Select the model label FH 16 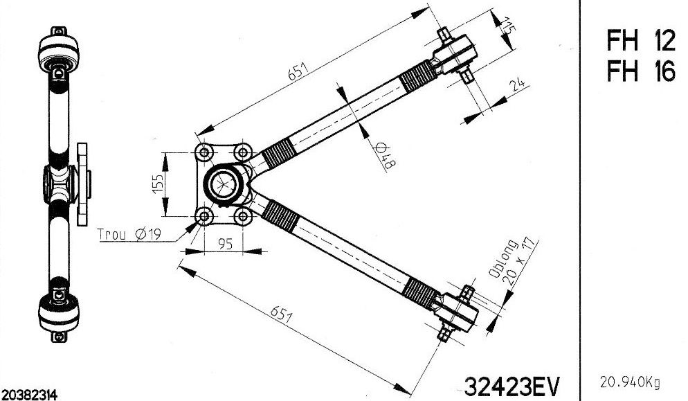pos(640,71)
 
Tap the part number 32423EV pos(514,386)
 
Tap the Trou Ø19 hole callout pos(129,235)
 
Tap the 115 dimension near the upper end pos(510,27)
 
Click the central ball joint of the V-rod pos(226,185)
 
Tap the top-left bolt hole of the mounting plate pos(203,152)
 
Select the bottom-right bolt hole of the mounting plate pos(242,217)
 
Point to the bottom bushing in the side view pos(58,310)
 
